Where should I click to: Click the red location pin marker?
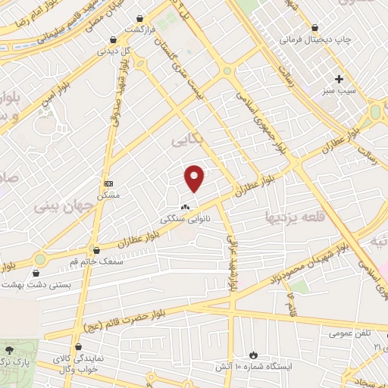coord(195,178)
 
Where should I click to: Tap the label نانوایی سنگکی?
coord(185,217)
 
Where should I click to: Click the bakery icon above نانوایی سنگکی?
coord(185,206)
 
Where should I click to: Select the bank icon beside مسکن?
coord(108,183)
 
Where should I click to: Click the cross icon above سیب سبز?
coord(339,79)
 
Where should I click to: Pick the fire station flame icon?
coord(253,354)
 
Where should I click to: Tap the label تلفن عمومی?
coord(349,332)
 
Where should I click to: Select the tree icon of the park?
coord(10,349)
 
